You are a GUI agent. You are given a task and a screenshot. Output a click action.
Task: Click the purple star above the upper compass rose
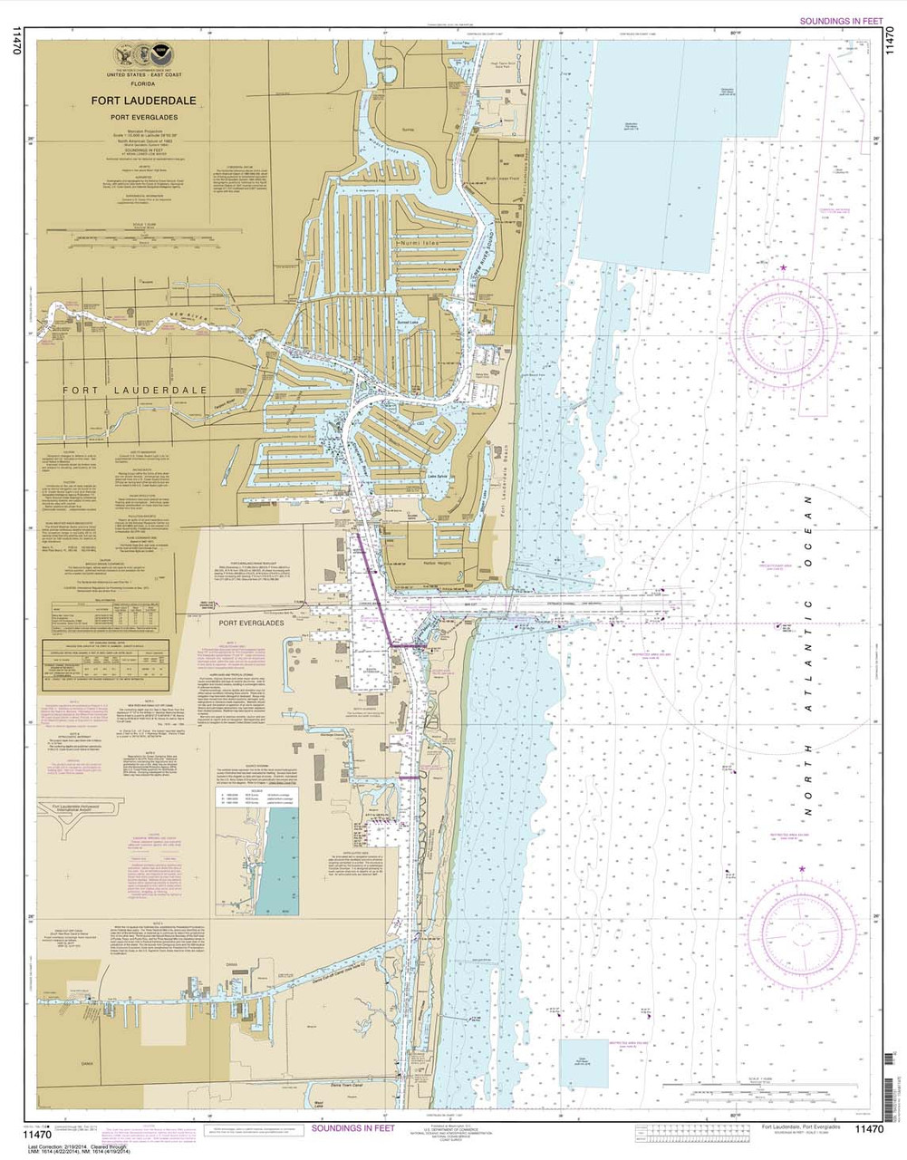tap(783, 268)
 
